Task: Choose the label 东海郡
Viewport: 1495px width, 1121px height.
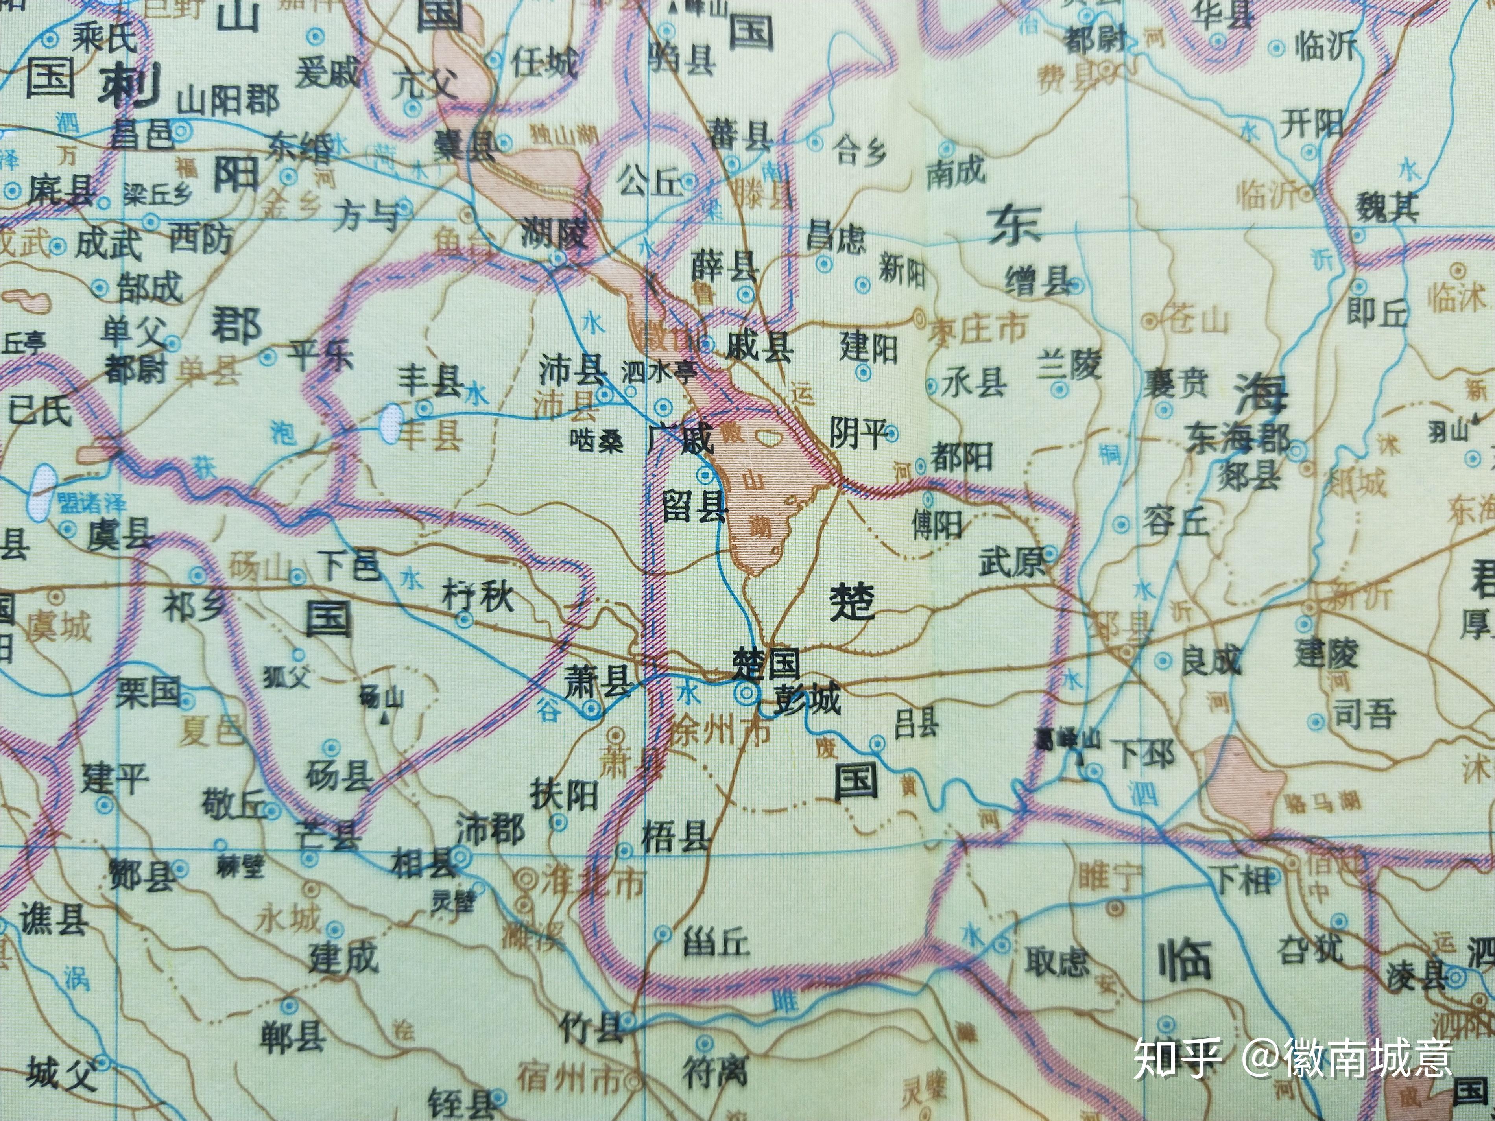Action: (1238, 438)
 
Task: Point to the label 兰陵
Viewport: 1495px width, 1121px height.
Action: (1070, 365)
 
